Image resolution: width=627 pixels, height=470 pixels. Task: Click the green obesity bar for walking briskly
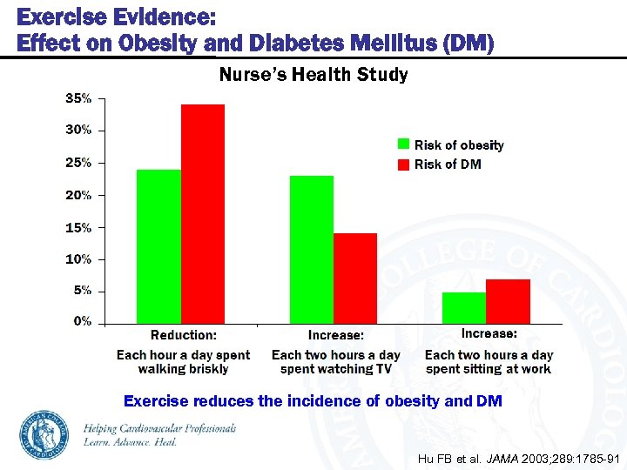[x=158, y=246]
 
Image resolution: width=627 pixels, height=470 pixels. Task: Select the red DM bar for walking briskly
[x=202, y=214]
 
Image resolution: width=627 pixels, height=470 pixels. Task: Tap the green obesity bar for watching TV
[x=312, y=250]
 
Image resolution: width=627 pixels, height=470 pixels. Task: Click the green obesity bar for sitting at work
[x=464, y=308]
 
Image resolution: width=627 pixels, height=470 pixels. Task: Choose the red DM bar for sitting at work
[x=508, y=301]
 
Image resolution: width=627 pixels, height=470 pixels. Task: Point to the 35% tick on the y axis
[x=79, y=98]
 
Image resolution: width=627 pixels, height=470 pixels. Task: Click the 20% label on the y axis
[x=79, y=195]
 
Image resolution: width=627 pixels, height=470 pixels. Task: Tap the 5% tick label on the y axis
[x=82, y=291]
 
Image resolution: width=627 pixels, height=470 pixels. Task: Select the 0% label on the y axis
[x=82, y=321]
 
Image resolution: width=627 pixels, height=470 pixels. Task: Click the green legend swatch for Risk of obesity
[x=403, y=144]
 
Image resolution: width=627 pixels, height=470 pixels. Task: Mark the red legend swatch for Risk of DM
[x=403, y=164]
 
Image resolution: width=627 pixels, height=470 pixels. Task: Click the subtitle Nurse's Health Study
[x=313, y=75]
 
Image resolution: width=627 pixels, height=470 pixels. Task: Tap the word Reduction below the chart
[x=183, y=335]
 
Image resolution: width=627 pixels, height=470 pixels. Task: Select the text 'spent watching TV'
[x=336, y=369]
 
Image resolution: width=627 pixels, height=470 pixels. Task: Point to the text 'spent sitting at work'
[x=489, y=369]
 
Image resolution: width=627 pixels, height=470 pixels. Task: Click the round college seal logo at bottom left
[x=45, y=433]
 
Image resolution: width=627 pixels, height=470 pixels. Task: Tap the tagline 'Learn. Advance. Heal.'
[x=131, y=442]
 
